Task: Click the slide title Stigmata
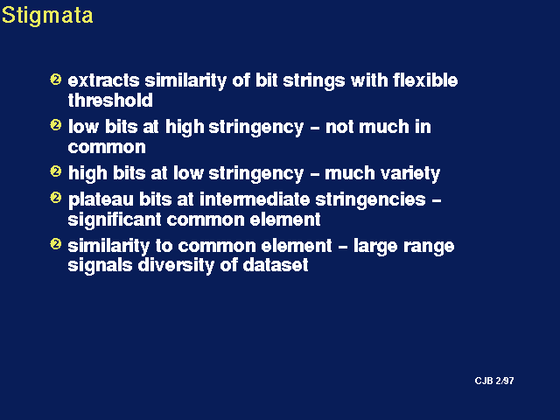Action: point(47,16)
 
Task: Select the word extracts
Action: point(103,80)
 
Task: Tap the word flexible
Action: point(425,80)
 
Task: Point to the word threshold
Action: point(110,101)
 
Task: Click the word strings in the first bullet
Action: point(314,81)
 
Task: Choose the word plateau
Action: point(101,200)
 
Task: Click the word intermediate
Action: point(255,199)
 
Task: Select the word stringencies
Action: point(371,200)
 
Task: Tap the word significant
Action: point(115,220)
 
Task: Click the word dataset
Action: point(276,265)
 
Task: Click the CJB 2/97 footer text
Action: point(494,381)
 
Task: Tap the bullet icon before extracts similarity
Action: point(56,79)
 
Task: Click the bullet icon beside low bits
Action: point(56,125)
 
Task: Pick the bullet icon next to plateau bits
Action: point(56,198)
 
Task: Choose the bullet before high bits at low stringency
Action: point(56,171)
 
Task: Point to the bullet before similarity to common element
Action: point(56,244)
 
